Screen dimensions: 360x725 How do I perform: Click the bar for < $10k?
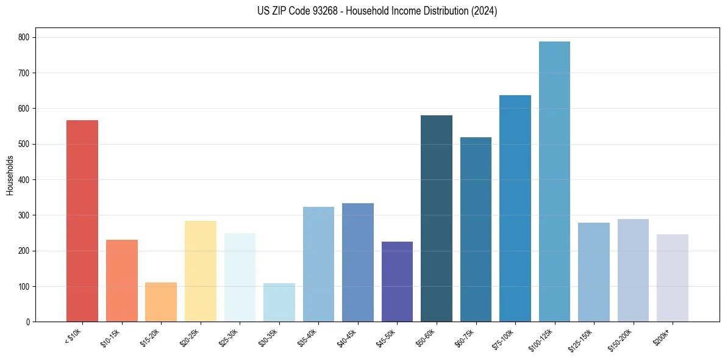(82, 221)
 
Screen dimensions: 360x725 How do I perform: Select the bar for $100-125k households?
(554, 182)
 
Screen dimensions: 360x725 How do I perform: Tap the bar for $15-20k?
(161, 302)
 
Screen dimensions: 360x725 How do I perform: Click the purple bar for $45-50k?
(397, 281)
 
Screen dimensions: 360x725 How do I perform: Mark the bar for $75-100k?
(515, 209)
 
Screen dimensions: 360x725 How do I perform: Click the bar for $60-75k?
(476, 229)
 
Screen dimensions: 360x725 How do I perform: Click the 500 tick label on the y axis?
(26, 144)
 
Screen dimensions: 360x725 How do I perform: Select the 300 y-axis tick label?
(26, 215)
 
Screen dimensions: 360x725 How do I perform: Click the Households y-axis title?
(10, 175)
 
